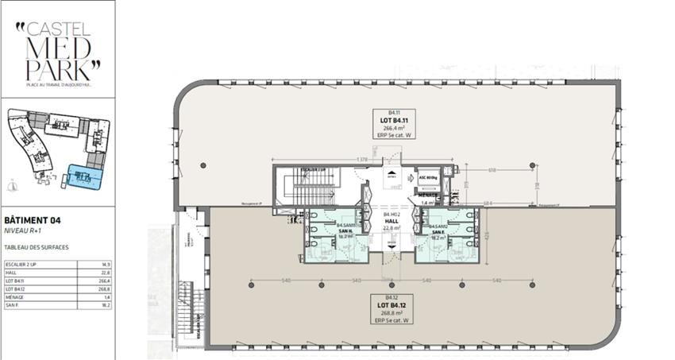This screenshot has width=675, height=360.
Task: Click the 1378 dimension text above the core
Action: pos(361,161)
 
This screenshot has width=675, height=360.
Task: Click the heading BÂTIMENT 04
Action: pos(33,219)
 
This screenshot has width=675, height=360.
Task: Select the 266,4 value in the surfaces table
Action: pos(104,281)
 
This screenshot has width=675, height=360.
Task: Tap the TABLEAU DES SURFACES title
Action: pos(37,247)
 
